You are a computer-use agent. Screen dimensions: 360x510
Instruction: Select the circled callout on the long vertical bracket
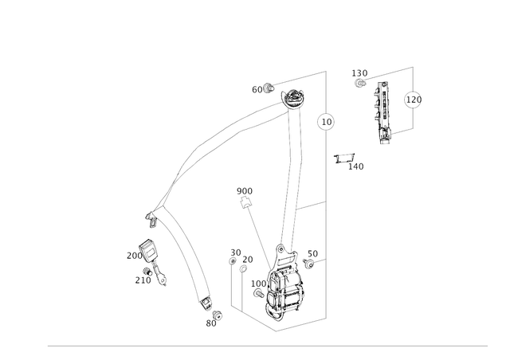[324, 122]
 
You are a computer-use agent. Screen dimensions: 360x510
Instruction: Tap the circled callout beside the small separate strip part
[412, 101]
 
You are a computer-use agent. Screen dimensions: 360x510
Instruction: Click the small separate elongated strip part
[383, 112]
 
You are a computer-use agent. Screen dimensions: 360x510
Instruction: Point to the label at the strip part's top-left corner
[360, 75]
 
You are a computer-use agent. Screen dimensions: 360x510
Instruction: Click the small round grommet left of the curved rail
[149, 252]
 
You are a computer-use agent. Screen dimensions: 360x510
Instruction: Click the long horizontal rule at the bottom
[267, 346]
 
